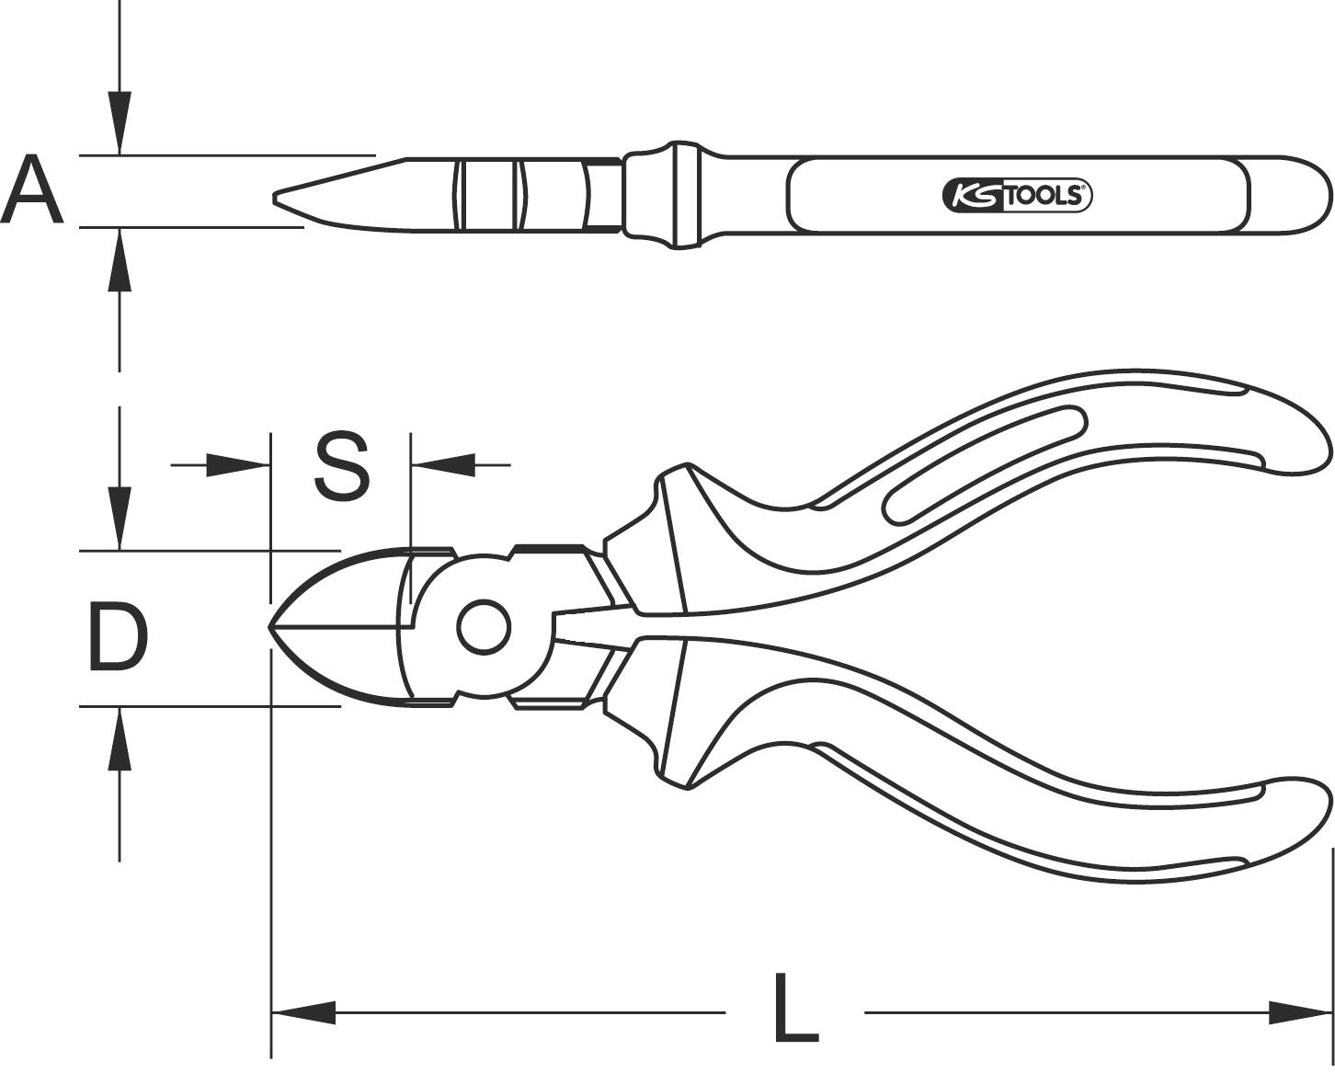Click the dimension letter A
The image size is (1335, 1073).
pyautogui.click(x=33, y=191)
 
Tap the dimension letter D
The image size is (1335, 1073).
pyautogui.click(x=118, y=636)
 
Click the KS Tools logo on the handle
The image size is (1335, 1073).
pyautogui.click(x=1017, y=195)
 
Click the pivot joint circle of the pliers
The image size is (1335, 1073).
pyautogui.click(x=484, y=628)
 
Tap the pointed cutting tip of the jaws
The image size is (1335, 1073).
pyautogui.click(x=272, y=628)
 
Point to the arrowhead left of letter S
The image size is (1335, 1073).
pyautogui.click(x=237, y=465)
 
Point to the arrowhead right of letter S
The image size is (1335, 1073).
pyautogui.click(x=443, y=465)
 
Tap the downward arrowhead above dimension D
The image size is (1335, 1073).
pyautogui.click(x=119, y=519)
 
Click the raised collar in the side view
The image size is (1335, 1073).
pyautogui.click(x=681, y=195)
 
